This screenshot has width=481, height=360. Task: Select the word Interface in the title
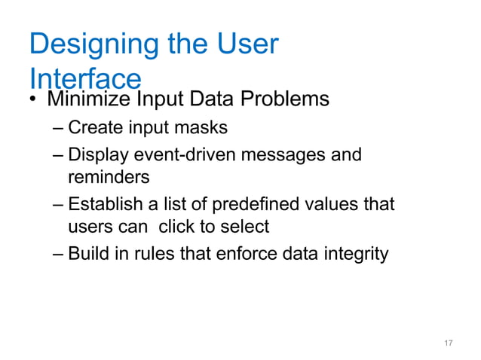[x=84, y=78]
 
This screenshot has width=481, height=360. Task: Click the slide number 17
[x=448, y=343]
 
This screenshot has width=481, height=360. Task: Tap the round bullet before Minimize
[x=34, y=99]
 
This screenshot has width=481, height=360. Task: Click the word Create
[x=93, y=127]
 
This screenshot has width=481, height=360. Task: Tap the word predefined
[x=255, y=204]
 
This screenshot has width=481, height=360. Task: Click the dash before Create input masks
[x=59, y=128]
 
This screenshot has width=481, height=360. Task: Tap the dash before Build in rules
[x=59, y=255]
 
